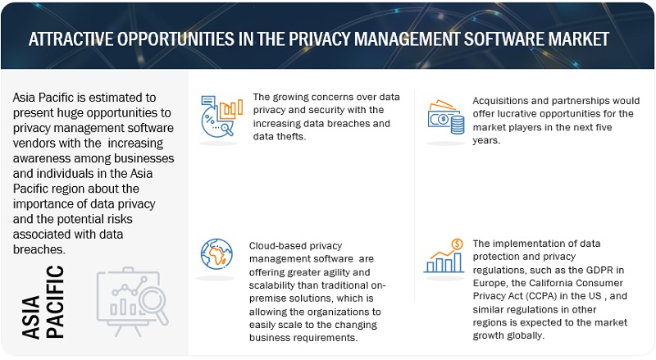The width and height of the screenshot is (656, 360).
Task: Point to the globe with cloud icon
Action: (217, 253)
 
